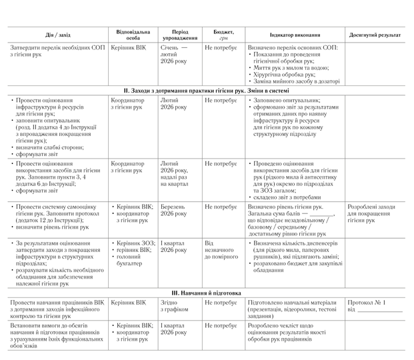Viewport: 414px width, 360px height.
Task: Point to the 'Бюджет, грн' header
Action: coord(224,35)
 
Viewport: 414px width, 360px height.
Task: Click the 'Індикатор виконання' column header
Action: coord(295,35)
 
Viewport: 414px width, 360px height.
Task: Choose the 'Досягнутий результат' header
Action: coord(375,35)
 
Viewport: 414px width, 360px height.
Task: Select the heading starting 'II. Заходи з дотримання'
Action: coord(207,89)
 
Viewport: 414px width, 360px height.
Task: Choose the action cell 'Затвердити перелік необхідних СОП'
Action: coord(55,51)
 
